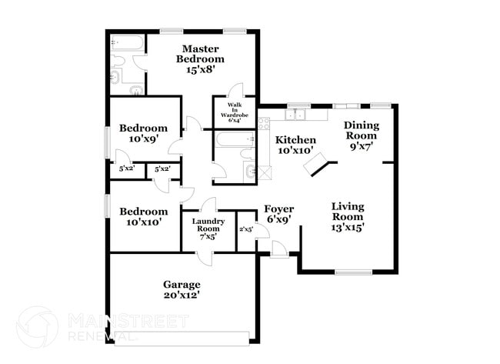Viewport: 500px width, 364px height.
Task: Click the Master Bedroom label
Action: tap(200, 54)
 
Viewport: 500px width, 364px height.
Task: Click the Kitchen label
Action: tap(296, 140)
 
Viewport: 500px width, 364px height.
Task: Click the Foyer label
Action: tap(278, 209)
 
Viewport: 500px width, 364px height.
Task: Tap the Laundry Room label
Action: tap(208, 225)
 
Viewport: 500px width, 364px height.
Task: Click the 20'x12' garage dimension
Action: tap(182, 295)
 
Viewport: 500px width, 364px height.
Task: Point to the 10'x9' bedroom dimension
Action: tap(143, 139)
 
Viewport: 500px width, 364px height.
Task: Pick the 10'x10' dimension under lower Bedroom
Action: tap(143, 222)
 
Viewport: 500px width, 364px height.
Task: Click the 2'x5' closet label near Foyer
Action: tap(246, 229)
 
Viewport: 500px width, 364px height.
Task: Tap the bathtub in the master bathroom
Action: tap(125, 43)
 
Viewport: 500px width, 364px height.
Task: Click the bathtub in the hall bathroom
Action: tap(234, 140)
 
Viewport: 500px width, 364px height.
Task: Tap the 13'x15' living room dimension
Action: tap(348, 227)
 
